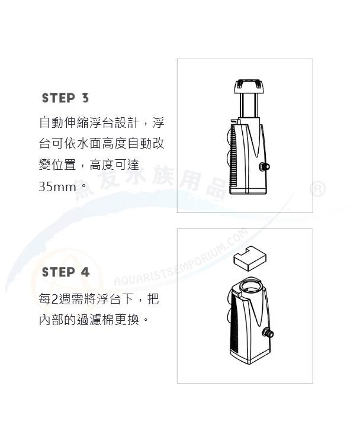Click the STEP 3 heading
tap(65, 98)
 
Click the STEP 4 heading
tap(66, 272)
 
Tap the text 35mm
tap(57, 186)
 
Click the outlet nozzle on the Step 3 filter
tap(265, 167)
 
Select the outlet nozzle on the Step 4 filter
tap(269, 333)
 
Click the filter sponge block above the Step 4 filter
tap(250, 259)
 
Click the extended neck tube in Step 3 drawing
tap(249, 106)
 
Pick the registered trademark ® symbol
tap(318, 189)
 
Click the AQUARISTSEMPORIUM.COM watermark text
tap(181, 257)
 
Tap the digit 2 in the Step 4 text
tap(54, 299)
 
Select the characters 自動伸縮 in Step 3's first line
tap(64, 123)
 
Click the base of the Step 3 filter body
tap(248, 191)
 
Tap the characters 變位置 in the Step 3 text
tap(57, 165)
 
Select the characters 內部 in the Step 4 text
tap(51, 320)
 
